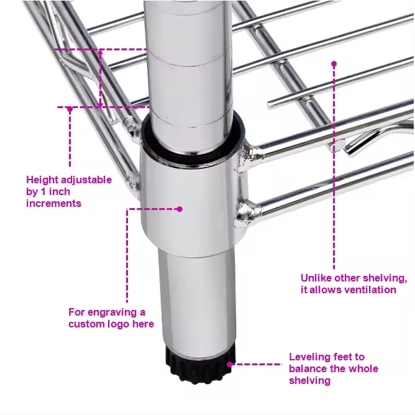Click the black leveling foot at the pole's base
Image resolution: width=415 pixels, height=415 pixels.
point(198,363)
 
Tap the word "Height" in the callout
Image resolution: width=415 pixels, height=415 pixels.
point(42,180)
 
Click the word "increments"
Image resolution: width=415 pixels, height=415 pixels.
point(53,203)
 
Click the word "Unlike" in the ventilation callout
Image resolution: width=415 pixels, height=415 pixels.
point(317,278)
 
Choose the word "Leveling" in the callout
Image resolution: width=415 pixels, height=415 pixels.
point(309,357)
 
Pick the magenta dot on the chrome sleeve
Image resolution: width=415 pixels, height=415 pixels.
point(180,209)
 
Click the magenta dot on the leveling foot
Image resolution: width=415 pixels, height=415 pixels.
point(229,365)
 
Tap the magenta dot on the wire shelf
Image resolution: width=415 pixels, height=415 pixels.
point(334,63)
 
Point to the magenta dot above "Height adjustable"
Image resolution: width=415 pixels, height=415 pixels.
point(70,109)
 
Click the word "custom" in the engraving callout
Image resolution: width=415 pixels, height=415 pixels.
point(86,324)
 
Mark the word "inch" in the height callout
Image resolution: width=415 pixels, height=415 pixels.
point(72,192)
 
